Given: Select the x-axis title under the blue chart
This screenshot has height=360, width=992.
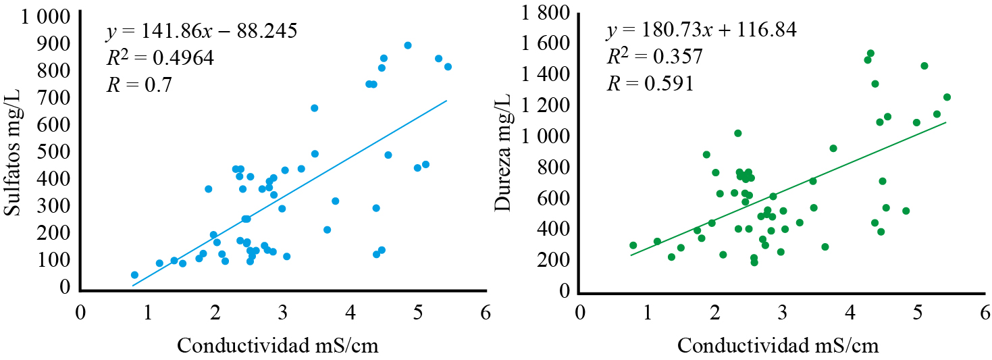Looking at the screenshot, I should [x=278, y=346].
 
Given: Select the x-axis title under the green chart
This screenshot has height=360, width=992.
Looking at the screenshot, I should [x=778, y=346].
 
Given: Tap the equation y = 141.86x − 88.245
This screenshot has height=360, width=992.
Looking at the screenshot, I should [x=201, y=32].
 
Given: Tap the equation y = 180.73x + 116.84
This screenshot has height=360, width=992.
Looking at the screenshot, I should [x=702, y=30].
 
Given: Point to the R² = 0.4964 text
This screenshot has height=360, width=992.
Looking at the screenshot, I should [x=160, y=58].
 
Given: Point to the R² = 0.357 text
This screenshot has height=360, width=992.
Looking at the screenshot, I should [x=654, y=57].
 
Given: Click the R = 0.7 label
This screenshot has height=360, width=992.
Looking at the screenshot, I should [x=139, y=85].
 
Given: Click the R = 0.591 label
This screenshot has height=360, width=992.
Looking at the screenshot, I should [x=650, y=84].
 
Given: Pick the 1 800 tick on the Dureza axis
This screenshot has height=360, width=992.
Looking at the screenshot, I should [x=546, y=13].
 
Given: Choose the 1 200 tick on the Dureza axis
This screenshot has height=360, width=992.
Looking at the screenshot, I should [x=546, y=105].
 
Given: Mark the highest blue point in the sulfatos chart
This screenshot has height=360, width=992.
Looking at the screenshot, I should [x=408, y=45].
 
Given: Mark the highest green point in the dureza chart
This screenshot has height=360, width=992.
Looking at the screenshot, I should [x=870, y=53].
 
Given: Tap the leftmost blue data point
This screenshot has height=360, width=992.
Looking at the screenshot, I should [x=134, y=275].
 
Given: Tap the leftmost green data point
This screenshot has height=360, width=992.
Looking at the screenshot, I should [x=633, y=245].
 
